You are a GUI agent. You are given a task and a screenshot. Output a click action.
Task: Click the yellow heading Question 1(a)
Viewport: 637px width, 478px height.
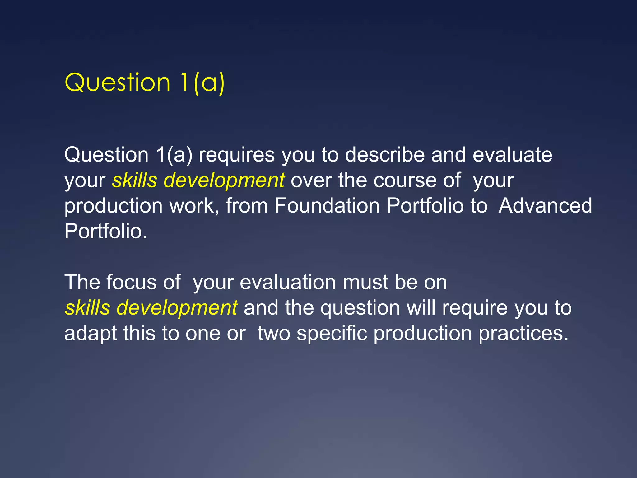144,82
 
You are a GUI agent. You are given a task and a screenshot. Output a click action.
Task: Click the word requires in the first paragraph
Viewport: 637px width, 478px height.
237,155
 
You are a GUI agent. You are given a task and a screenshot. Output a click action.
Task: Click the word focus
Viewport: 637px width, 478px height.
132,282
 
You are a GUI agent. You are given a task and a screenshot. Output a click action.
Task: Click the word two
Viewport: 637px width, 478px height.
274,333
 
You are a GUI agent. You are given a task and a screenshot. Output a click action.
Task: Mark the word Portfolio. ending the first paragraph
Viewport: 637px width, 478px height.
105,231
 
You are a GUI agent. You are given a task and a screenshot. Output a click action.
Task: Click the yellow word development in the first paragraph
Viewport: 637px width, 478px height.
224,180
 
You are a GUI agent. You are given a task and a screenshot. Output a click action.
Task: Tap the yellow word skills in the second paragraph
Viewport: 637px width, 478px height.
87,307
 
